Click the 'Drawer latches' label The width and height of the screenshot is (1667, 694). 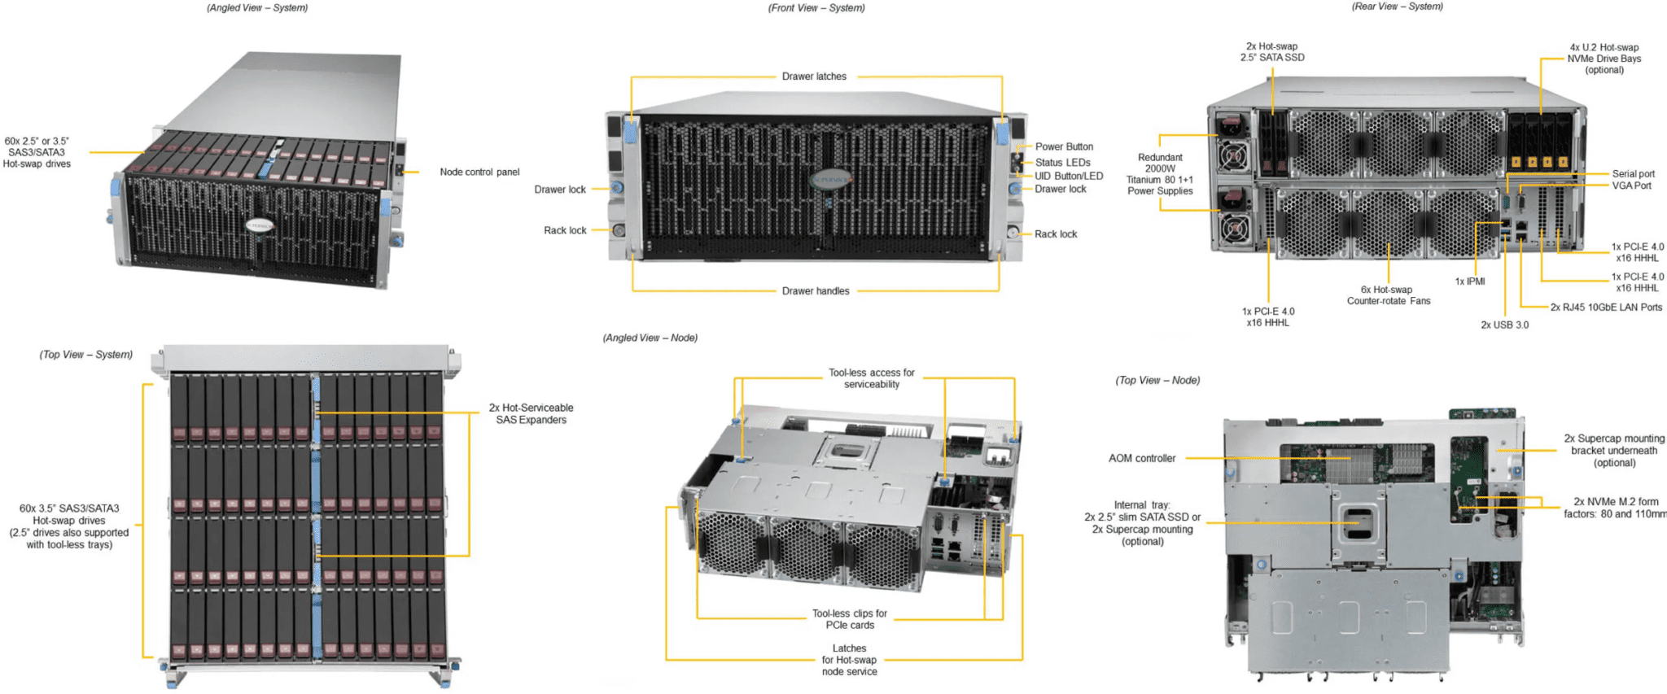814,76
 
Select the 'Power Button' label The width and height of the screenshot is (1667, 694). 1064,147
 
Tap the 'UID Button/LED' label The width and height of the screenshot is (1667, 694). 1069,177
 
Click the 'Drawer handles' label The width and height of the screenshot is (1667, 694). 816,291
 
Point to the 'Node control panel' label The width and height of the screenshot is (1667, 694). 479,172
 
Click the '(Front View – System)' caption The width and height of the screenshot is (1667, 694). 816,8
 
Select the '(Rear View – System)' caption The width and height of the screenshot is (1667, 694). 1397,7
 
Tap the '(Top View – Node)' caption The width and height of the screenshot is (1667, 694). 1157,381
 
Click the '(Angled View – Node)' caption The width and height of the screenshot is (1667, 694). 650,338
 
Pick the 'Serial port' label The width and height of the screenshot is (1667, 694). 1633,174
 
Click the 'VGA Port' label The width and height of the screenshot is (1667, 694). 1631,186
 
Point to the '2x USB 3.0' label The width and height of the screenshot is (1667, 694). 1504,325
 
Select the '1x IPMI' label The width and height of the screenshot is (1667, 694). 1470,282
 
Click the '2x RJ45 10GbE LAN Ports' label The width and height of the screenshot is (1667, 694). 1606,308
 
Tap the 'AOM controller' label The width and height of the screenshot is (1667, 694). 1142,459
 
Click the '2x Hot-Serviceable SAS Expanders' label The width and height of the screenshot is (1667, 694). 531,414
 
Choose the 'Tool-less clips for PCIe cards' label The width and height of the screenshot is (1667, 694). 850,620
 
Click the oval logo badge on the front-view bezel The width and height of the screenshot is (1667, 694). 829,179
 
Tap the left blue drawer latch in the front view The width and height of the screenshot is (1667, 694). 630,130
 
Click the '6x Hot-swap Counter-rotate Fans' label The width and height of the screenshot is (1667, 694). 1388,295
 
